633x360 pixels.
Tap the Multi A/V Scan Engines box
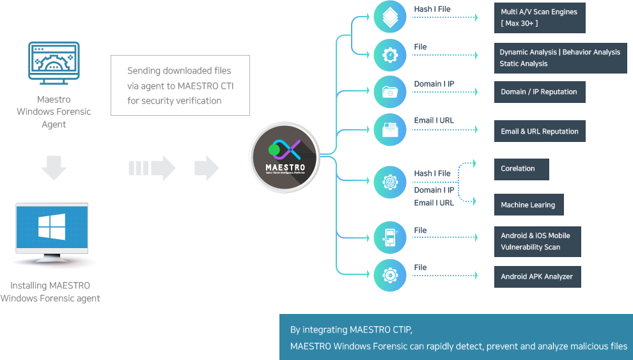pos(540,17)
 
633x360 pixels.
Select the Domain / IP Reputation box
pos(539,92)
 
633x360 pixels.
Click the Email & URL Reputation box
pos(539,131)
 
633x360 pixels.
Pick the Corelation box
pos(521,169)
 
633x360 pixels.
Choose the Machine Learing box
pos(528,205)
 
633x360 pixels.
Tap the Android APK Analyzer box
pos(537,277)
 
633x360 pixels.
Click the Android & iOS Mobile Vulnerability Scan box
pos(537,241)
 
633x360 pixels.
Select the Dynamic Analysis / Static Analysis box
pos(560,58)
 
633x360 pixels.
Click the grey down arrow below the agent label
pos(54,168)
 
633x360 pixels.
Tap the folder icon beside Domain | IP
pos(390,91)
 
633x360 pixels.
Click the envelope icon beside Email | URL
pos(390,130)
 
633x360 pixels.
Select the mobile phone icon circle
pos(390,239)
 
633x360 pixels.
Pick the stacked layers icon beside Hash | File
pos(390,17)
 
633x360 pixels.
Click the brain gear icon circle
pos(390,183)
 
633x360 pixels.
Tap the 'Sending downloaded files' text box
pos(180,85)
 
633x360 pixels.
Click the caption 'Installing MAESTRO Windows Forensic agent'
pos(51,292)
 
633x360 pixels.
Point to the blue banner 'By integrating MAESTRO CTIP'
pos(456,338)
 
